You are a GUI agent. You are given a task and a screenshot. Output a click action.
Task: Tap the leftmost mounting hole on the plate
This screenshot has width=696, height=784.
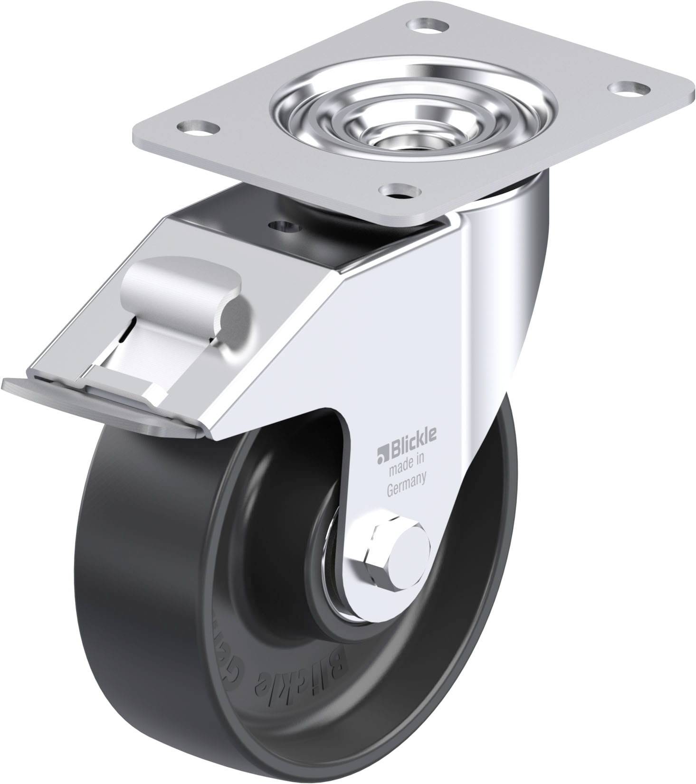pos(196,126)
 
